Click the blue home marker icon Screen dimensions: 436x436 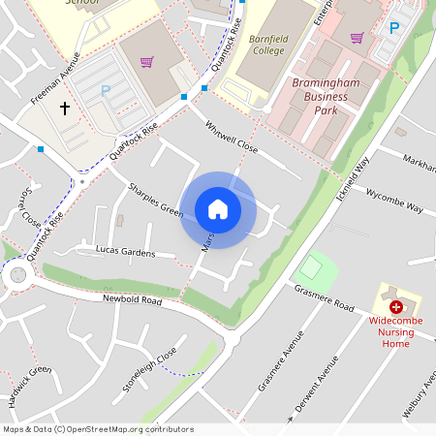pos(218,209)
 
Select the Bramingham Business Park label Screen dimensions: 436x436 pos(325,97)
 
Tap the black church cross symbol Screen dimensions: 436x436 pos(66,109)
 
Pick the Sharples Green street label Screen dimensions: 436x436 pos(155,198)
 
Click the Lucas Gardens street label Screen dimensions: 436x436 pos(125,251)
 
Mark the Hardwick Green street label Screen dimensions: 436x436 pos(29,387)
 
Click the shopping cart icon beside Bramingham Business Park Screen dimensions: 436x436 pos(357,38)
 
